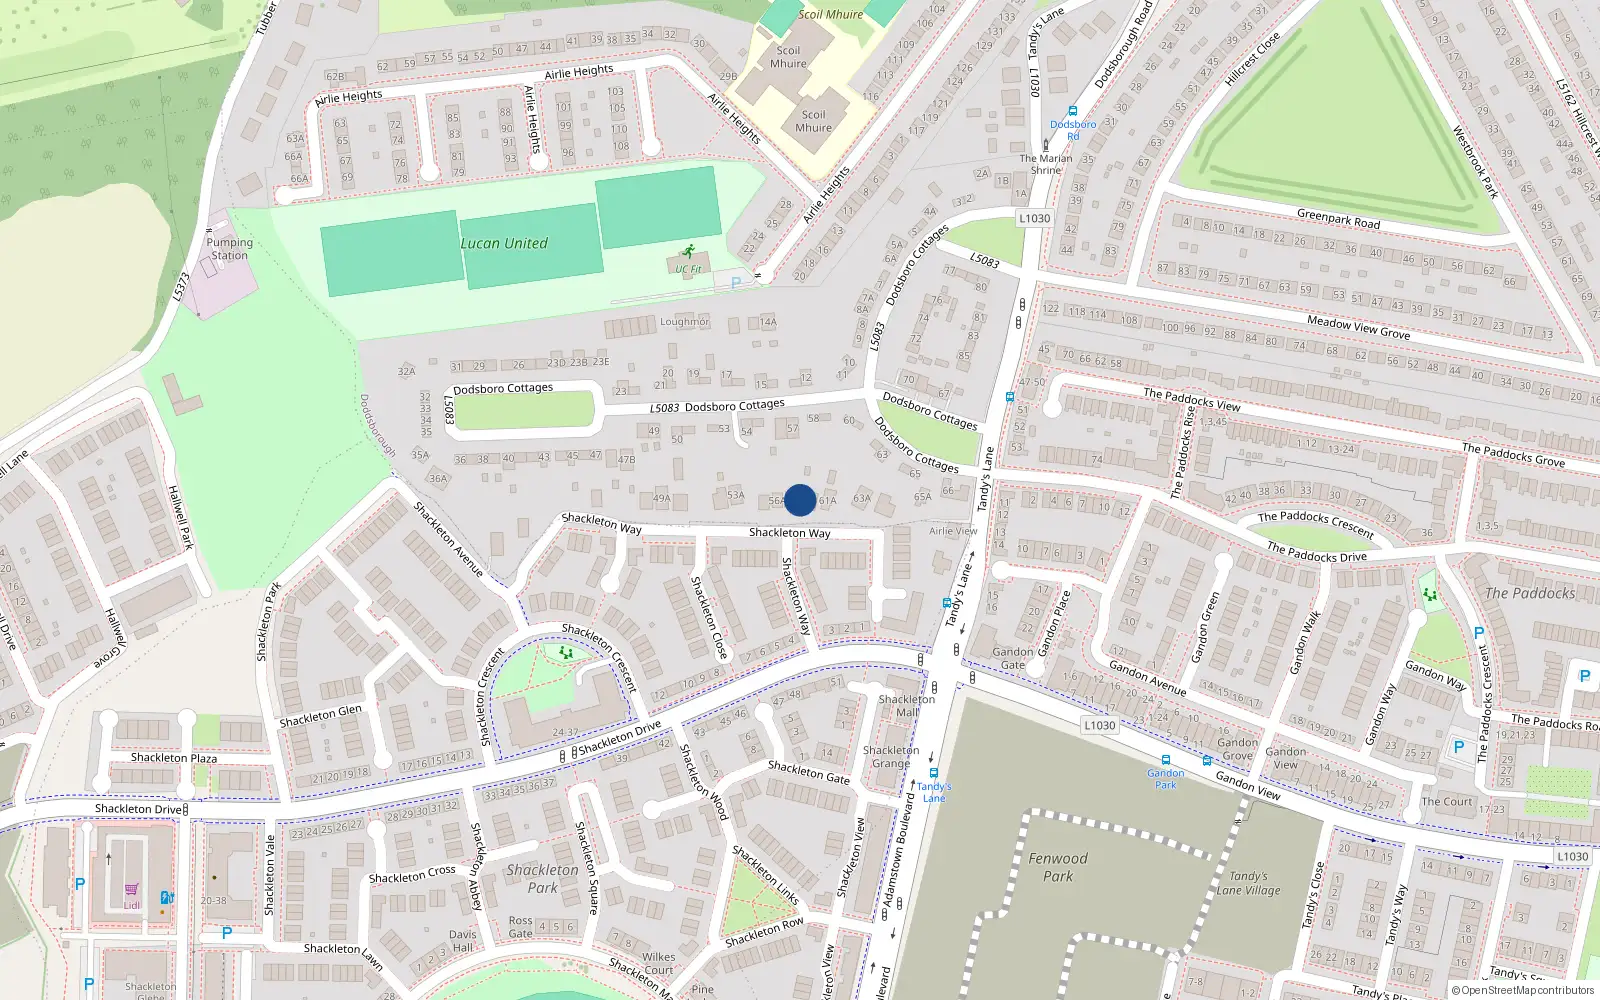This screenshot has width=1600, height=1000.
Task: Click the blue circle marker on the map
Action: [x=800, y=500]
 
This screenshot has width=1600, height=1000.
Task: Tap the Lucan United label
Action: [x=504, y=243]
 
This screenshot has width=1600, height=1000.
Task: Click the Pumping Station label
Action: [x=230, y=249]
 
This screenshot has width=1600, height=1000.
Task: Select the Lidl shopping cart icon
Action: [x=131, y=889]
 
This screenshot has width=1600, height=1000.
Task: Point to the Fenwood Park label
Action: [x=1058, y=867]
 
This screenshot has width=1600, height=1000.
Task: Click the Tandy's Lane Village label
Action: [x=1248, y=883]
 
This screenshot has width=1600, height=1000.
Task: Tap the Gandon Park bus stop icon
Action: [x=1166, y=760]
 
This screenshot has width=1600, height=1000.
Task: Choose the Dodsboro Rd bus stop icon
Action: [x=1073, y=112]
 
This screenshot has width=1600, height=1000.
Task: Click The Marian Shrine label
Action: [x=1046, y=164]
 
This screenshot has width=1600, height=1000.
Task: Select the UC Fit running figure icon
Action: [x=688, y=252]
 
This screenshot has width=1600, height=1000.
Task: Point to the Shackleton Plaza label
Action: [x=174, y=758]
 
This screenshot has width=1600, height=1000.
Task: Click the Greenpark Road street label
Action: [x=1338, y=219]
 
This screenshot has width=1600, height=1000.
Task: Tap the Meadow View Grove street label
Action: [x=1358, y=327]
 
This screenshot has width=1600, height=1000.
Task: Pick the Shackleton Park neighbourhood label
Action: [x=542, y=878]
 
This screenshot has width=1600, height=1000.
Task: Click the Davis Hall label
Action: [x=463, y=941]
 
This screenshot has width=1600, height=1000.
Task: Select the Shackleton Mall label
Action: [x=907, y=706]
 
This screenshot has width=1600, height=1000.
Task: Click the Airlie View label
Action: [x=953, y=531]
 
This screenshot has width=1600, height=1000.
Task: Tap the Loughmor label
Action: [x=684, y=322]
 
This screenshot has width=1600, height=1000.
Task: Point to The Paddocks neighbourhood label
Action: [x=1530, y=593]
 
